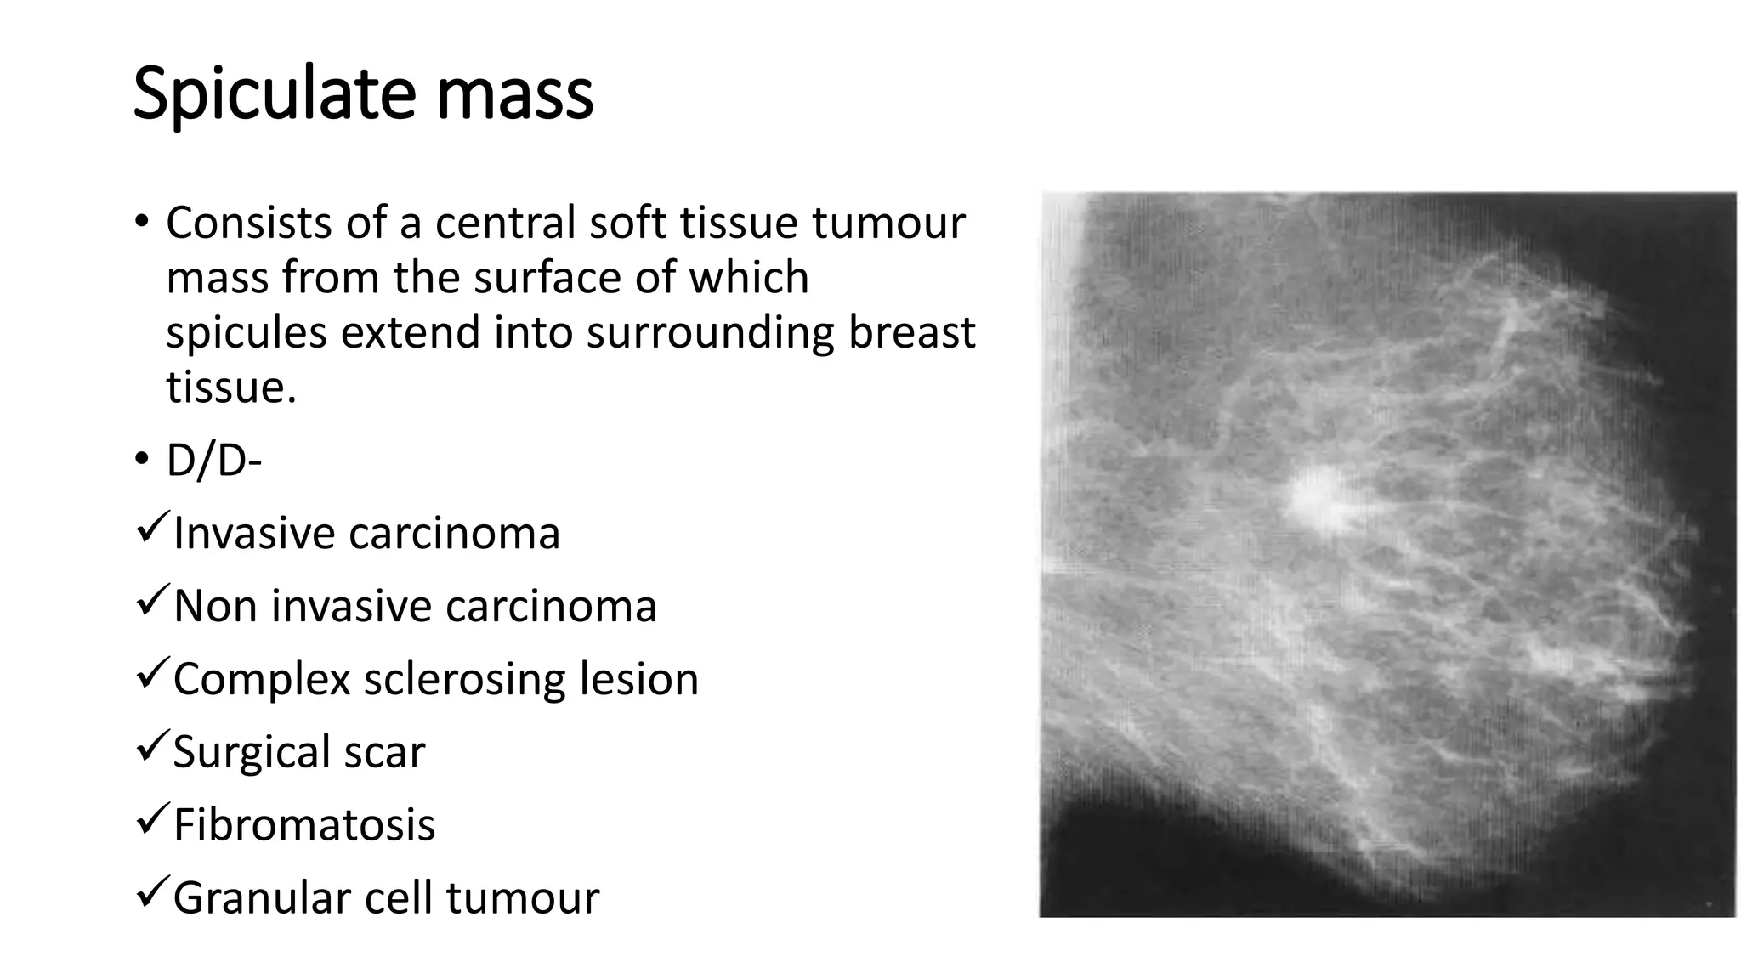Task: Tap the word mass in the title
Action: [514, 95]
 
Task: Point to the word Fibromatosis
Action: [303, 824]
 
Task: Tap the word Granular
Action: [260, 898]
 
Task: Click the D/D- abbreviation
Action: [213, 461]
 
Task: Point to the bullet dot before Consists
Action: [141, 223]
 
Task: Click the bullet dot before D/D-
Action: [141, 460]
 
